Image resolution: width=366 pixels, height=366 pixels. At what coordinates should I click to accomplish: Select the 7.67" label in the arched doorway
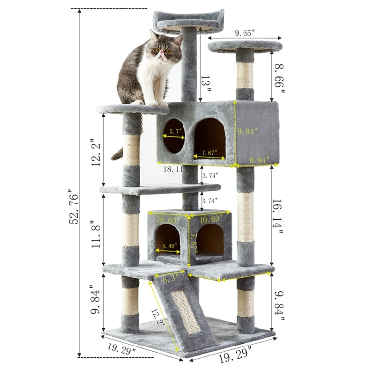tap(210, 153)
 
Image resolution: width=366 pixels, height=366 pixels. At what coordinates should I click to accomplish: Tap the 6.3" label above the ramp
tap(170, 279)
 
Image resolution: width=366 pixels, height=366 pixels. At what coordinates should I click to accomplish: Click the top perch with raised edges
tap(188, 21)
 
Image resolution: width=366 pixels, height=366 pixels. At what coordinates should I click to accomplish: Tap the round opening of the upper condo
tap(174, 136)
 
